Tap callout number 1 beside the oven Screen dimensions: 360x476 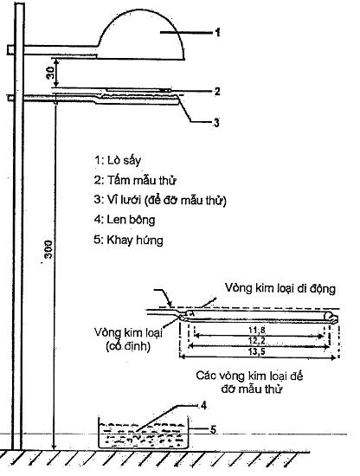click(217, 33)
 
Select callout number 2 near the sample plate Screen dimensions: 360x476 click(217, 91)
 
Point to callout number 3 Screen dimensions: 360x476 click(216, 123)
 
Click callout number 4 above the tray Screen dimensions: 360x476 click(203, 406)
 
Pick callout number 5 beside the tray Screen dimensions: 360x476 click(213, 429)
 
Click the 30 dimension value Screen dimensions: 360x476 click(50, 73)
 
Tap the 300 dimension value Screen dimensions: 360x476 click(48, 249)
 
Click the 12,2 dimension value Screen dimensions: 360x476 click(257, 341)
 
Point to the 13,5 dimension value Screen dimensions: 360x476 click(257, 352)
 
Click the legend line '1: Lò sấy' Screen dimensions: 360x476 click(118, 161)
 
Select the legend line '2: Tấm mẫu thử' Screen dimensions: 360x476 click(135, 180)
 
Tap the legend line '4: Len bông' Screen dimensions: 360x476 click(125, 220)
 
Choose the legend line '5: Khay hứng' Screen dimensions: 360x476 click(128, 240)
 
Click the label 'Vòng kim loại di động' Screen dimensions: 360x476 click(280, 288)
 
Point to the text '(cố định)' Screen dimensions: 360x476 click(128, 346)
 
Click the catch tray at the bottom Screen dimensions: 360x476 click(144, 432)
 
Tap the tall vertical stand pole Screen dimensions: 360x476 click(18, 226)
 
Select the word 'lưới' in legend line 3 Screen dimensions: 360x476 click(132, 200)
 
